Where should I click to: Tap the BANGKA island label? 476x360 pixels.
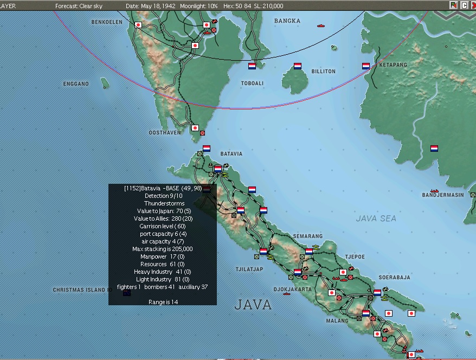coord(287,21)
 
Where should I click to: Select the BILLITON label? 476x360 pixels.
coord(323,72)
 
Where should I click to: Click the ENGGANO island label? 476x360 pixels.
coord(75,84)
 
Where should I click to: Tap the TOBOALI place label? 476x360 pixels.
coord(252,83)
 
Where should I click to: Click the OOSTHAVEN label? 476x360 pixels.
coord(165,132)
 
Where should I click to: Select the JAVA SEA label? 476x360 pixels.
coord(376,218)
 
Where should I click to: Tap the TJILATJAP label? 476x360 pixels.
coord(249,269)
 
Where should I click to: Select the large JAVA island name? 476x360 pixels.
coord(253,305)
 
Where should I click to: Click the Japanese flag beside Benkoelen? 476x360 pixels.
coord(138,25)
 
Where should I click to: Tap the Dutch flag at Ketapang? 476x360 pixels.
coord(366,66)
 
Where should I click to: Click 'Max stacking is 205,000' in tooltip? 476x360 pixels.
coord(163,249)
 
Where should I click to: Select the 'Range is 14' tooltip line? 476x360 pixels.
coord(163,302)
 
